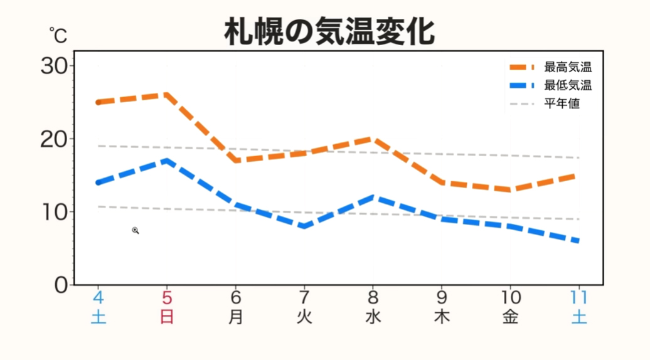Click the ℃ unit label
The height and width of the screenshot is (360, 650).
[x=58, y=36]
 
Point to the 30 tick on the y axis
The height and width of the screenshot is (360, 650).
[x=54, y=66]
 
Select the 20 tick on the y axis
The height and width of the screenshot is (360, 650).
[x=54, y=139]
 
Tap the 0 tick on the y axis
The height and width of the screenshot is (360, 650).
[x=61, y=285]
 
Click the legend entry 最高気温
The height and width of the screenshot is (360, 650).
[x=568, y=68]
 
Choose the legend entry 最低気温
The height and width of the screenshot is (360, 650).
[x=568, y=85]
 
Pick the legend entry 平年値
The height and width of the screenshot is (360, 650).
[x=562, y=103]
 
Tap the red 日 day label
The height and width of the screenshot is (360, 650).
[x=167, y=317]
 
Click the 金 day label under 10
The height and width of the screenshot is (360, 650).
[x=510, y=317]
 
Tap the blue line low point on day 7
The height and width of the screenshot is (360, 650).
[x=304, y=226]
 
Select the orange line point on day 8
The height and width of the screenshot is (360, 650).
[x=373, y=139]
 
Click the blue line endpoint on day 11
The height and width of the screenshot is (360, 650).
[x=577, y=241]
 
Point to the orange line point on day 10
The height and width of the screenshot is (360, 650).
[x=510, y=189]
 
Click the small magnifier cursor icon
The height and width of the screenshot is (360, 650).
[x=135, y=231]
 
